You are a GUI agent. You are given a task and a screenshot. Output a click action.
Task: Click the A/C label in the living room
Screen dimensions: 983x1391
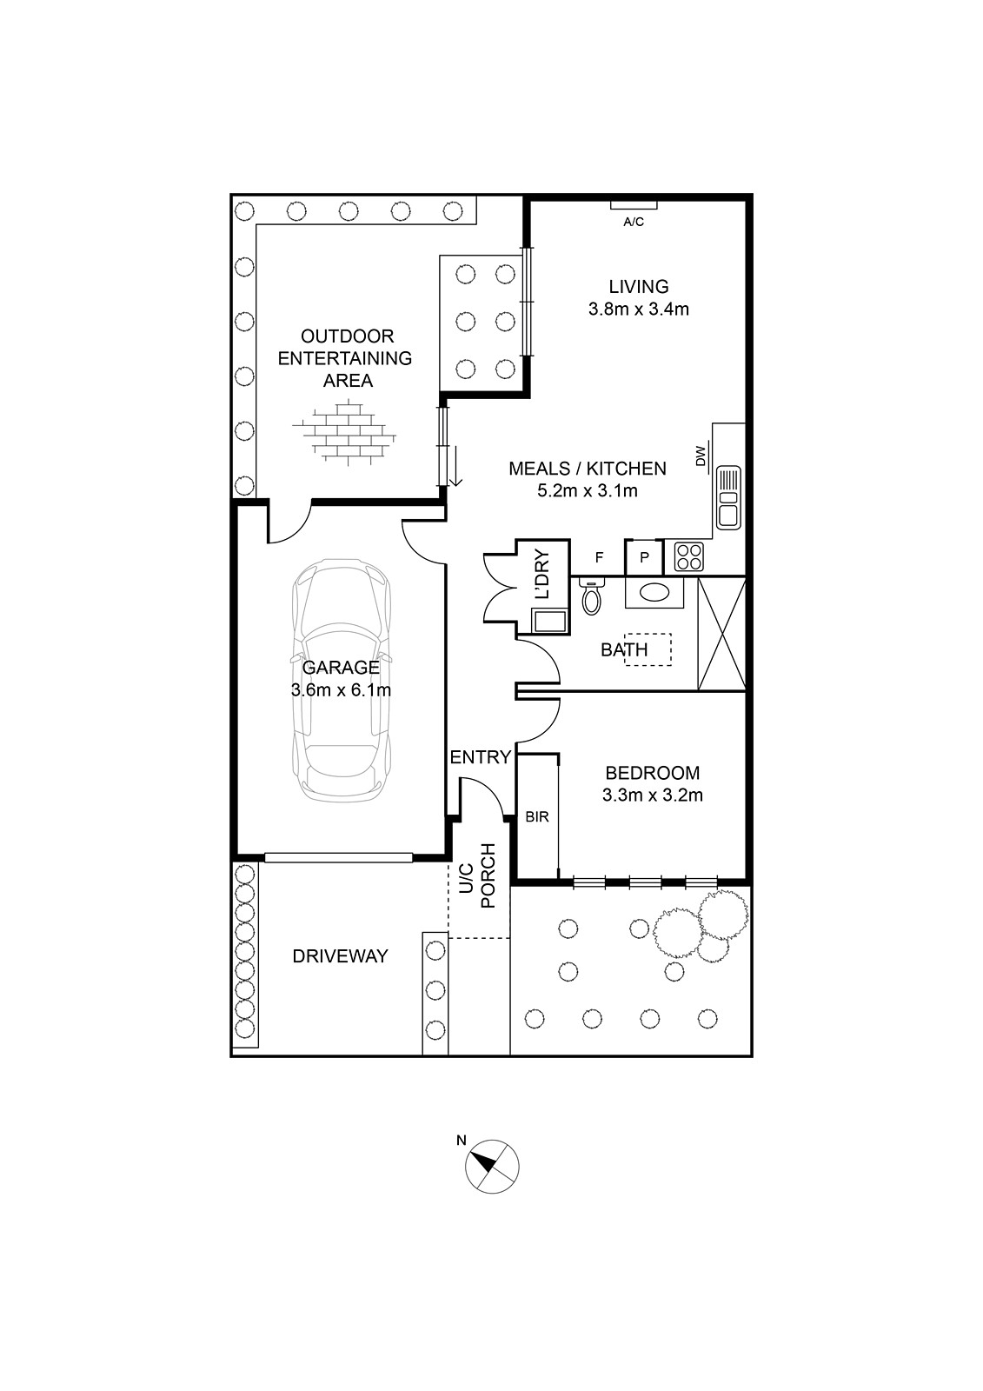(634, 222)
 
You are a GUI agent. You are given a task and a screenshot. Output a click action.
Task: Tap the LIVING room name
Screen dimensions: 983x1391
(638, 286)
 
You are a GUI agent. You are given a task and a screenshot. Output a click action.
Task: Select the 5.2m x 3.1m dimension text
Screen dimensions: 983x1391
(587, 490)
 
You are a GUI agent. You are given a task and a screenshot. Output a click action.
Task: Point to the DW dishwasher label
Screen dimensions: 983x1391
(701, 456)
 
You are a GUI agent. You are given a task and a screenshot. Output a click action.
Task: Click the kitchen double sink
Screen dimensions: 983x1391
(728, 497)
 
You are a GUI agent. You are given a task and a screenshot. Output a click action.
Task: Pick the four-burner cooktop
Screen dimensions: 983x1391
(688, 556)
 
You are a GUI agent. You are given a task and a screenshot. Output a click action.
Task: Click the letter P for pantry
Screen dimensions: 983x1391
(644, 557)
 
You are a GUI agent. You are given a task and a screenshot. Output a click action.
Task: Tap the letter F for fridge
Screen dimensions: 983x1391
(599, 557)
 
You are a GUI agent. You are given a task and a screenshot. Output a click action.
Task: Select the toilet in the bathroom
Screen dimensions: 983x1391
(591, 596)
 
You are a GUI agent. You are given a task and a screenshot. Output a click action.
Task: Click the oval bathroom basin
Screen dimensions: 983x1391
(654, 592)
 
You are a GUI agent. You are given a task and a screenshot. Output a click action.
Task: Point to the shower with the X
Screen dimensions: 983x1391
(721, 634)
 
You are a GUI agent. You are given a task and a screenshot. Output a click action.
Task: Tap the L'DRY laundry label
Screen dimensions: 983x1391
(542, 575)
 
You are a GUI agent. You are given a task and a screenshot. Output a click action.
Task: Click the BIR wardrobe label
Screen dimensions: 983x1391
(537, 816)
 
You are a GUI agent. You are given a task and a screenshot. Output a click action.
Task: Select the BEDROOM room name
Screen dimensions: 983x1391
(652, 773)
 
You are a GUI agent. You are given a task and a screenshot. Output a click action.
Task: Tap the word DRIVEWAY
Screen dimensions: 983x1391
(341, 955)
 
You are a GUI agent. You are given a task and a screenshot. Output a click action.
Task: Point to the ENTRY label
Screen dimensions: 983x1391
(480, 757)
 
